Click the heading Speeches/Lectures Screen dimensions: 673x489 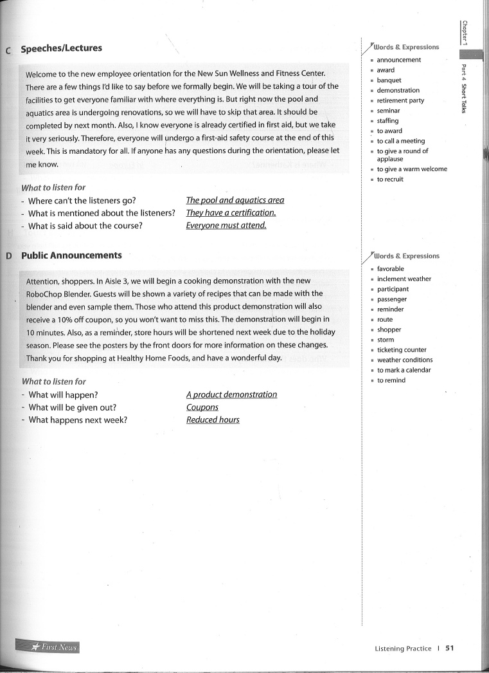pos(61,48)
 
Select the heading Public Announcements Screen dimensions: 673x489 pos(71,255)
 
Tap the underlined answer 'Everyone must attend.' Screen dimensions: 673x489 pos(226,226)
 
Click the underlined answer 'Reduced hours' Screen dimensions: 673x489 pos(213,420)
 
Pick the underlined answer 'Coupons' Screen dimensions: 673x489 pos(202,407)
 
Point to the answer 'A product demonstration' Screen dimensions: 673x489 pos(231,394)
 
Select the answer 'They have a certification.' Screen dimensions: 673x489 pos(231,213)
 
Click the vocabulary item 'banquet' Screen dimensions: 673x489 pos(389,80)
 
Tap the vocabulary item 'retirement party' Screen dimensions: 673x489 pos(400,100)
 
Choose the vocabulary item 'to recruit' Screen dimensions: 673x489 pos(390,180)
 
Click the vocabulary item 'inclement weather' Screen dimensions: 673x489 pos(404,279)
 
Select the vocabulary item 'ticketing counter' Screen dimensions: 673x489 pos(402,350)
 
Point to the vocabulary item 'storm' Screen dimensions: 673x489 pos(386,340)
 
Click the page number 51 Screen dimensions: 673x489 pos(450,649)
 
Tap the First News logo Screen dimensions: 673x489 pos(48,647)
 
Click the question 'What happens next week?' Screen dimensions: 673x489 pos(78,420)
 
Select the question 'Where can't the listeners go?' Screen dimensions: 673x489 pos(82,200)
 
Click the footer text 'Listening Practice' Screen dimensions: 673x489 pos(403,649)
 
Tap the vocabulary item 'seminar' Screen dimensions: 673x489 pos(388,111)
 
